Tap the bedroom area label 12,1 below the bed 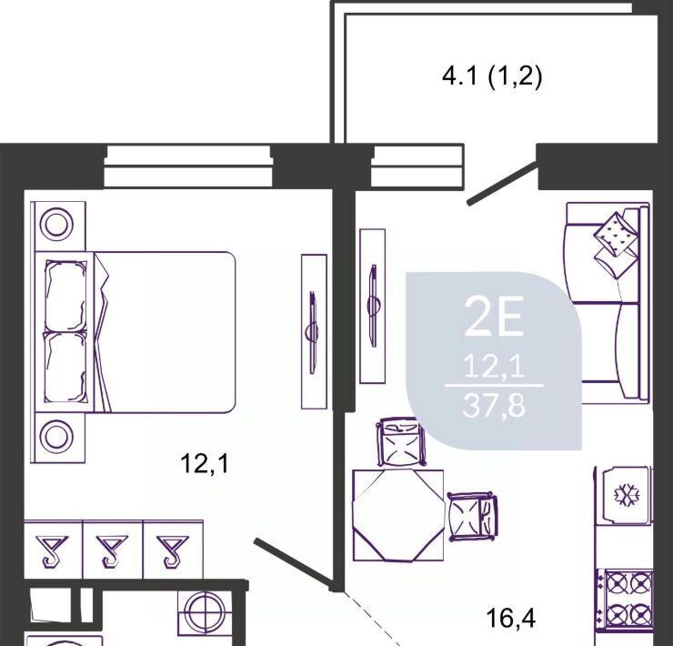pos(206,464)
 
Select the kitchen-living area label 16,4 pos(511,618)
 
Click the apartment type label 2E pos(494,317)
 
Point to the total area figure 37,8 pos(494,405)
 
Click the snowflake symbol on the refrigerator pos(627,495)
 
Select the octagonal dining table pos(398,515)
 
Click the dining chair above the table pos(401,442)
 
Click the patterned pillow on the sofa pos(616,235)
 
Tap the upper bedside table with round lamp pos(58,226)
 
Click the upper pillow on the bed pos(65,297)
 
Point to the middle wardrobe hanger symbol pos(112,550)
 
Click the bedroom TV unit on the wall pos(314,331)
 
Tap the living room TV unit pos(373,306)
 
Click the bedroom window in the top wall pos(188,167)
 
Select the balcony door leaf pos(502,183)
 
